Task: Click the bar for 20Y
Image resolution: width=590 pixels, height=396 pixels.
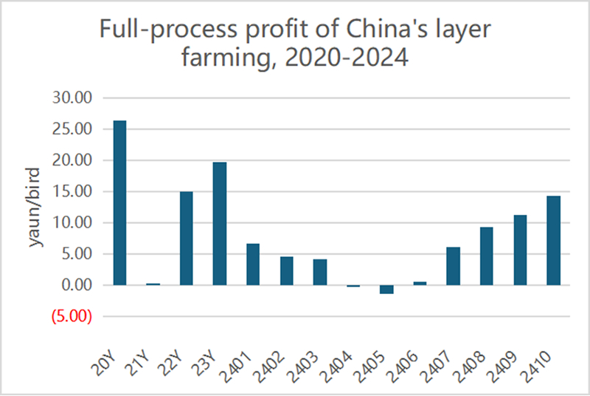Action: pos(119,202)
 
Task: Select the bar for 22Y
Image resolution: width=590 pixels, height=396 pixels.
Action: pos(187,238)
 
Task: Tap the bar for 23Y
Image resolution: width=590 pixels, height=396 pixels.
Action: pos(220,223)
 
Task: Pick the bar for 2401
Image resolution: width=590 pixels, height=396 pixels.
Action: pos(253,264)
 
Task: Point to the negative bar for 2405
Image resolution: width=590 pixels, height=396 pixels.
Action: pos(386,289)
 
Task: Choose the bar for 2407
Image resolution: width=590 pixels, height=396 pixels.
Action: pos(454,266)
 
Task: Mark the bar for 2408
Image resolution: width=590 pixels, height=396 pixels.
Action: pos(487,256)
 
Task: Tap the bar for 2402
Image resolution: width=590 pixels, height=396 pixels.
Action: pos(286,270)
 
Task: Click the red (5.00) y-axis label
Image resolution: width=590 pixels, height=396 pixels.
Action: pos(72,317)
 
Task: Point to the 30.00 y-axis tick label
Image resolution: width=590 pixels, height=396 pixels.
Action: pos(71,98)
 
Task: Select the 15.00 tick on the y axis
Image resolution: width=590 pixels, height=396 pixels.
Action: pos(71,192)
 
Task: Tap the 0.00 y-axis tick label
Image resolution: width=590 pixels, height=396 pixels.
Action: pos(74,286)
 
